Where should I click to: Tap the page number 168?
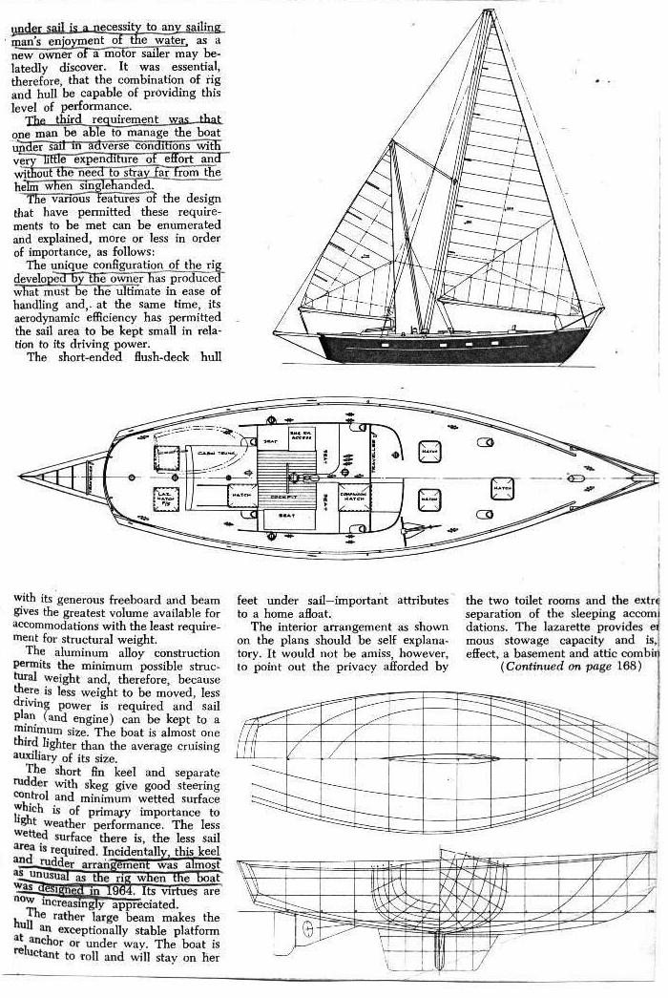click(630, 665)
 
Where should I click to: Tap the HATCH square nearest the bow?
click(502, 488)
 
